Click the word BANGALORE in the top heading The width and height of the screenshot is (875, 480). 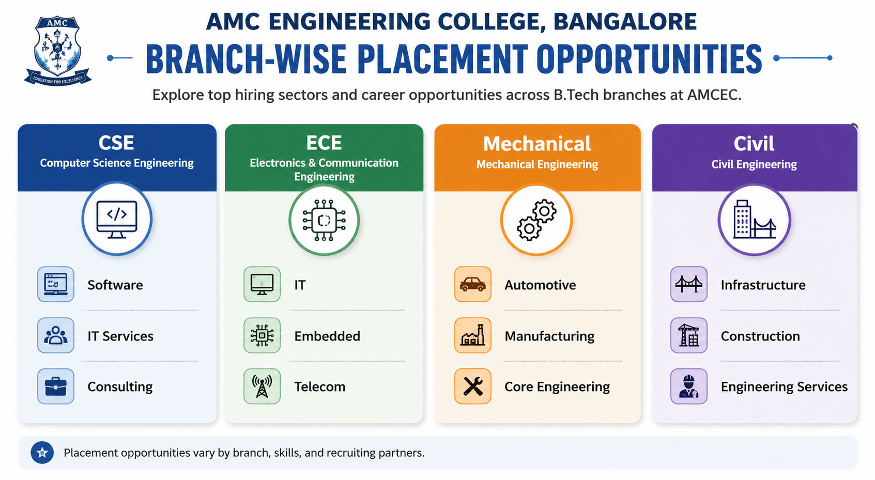[625, 22]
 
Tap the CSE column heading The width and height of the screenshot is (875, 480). [116, 143]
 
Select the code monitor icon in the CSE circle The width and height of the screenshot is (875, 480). [117, 219]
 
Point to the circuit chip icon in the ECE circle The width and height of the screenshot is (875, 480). [324, 220]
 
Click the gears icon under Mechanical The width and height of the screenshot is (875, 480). [536, 220]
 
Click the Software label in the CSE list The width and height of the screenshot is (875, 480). [115, 285]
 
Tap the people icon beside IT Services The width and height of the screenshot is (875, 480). [56, 335]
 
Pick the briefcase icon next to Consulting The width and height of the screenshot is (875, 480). [56, 386]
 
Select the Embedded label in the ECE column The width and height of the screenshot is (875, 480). [327, 336]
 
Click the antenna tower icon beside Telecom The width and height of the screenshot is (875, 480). [262, 386]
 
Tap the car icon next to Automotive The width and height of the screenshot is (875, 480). [473, 284]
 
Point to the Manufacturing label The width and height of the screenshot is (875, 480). [549, 336]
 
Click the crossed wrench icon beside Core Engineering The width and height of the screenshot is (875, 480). [473, 386]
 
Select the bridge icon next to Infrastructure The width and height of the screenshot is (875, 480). [688, 284]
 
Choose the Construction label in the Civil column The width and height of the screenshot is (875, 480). [760, 336]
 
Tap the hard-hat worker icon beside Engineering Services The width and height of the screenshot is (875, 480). [688, 386]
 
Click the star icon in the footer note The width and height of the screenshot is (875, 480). [42, 453]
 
